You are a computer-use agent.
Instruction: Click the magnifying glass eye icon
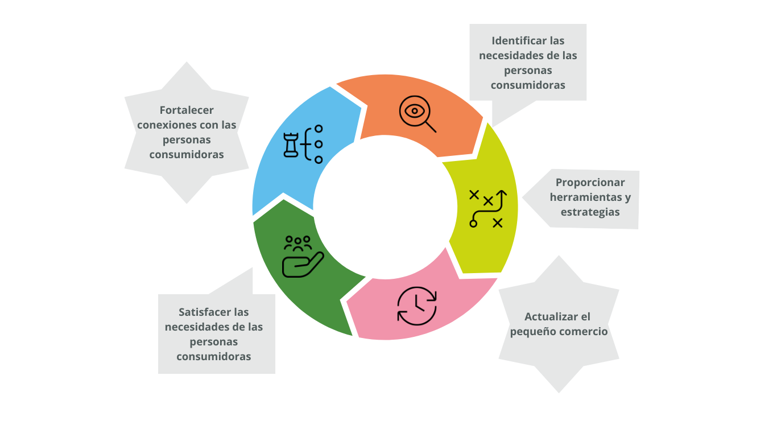(x=417, y=114)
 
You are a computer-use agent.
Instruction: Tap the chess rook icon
(x=291, y=145)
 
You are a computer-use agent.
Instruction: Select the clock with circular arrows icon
(x=417, y=306)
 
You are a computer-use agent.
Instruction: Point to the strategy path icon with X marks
(x=487, y=209)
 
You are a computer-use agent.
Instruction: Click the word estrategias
(x=590, y=212)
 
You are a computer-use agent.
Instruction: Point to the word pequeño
(x=531, y=332)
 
